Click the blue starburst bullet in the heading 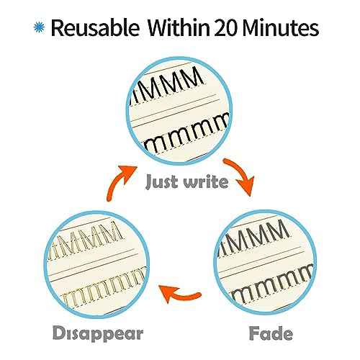pos(40,27)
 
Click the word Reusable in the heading pos(95,28)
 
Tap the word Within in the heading pos(179,27)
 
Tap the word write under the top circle pos(206,181)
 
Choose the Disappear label pos(98,334)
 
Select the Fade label pos(271,333)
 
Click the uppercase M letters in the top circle pos(167,86)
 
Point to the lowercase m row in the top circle pos(187,133)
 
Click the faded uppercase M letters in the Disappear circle pos(85,240)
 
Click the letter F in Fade pos(254,333)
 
